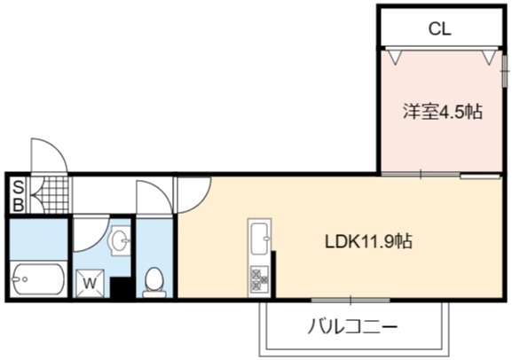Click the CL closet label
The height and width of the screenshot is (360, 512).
[439, 29]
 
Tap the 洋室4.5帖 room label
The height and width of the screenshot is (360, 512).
[443, 112]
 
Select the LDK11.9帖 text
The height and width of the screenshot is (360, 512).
[368, 242]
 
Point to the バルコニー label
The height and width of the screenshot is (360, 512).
[352, 326]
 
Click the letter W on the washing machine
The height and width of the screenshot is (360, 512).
[90, 283]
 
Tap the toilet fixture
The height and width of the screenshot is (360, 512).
[154, 282]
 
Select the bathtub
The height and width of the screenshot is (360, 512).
[37, 279]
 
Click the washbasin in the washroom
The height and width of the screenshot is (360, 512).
[121, 241]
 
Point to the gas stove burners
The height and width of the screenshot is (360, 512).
[260, 280]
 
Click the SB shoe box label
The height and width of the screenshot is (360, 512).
[19, 196]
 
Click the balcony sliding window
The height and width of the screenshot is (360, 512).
[351, 301]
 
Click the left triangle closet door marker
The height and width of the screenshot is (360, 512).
[396, 58]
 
